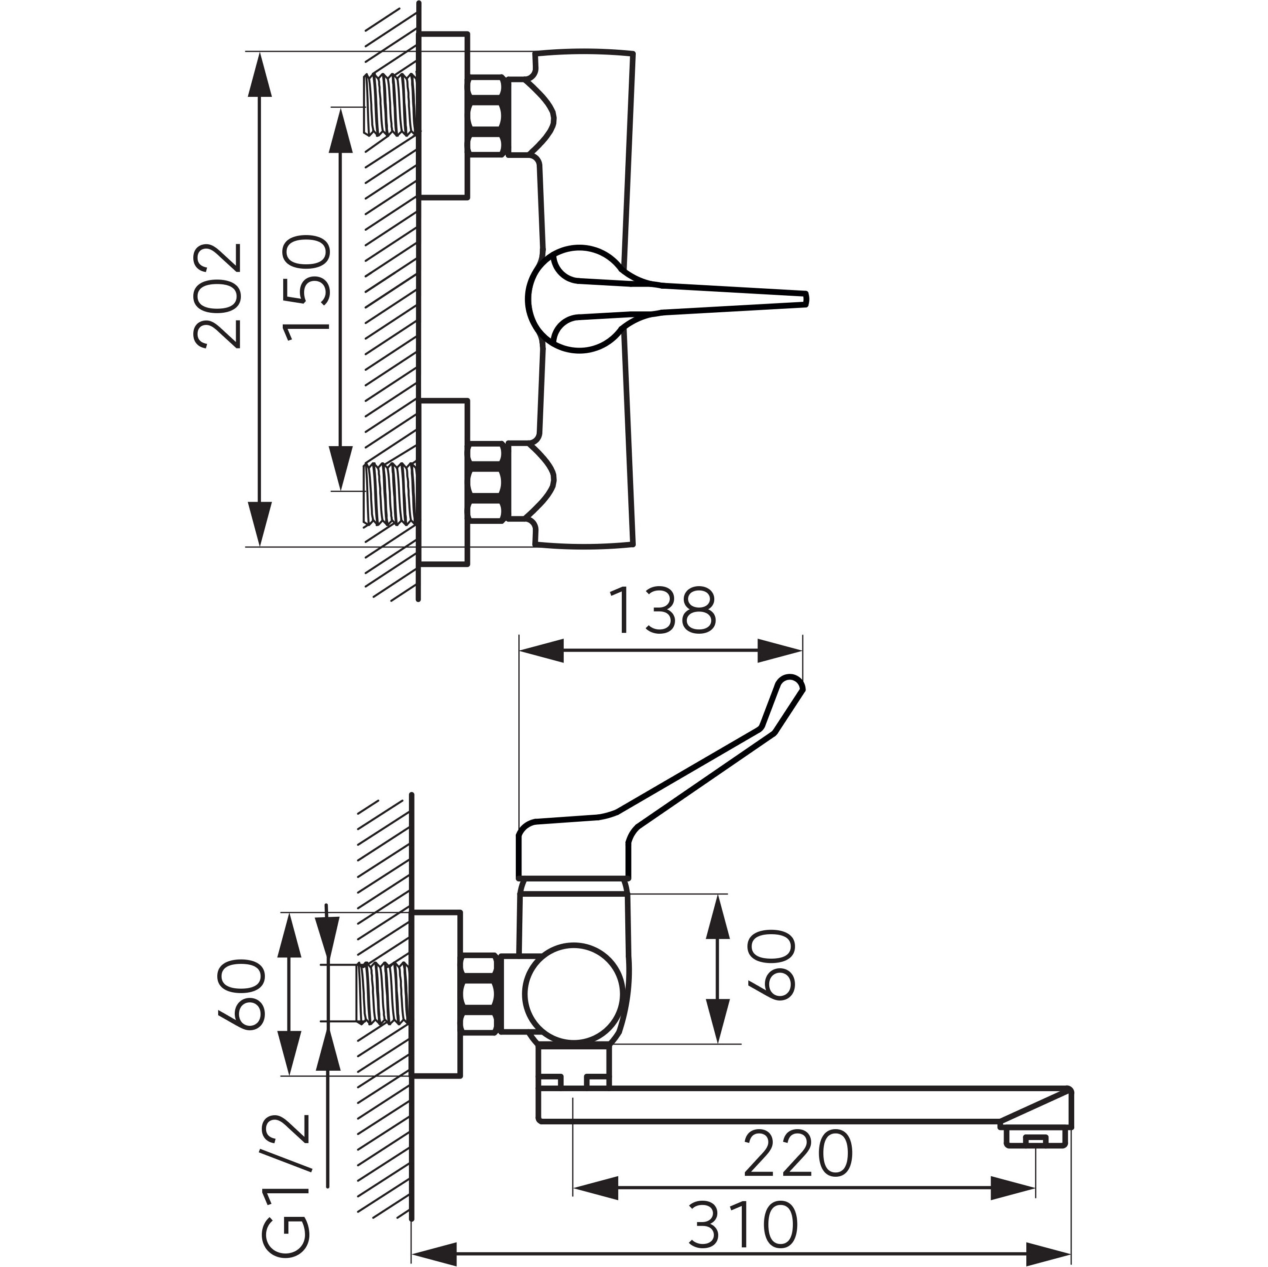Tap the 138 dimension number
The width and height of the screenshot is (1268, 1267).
(x=662, y=611)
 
